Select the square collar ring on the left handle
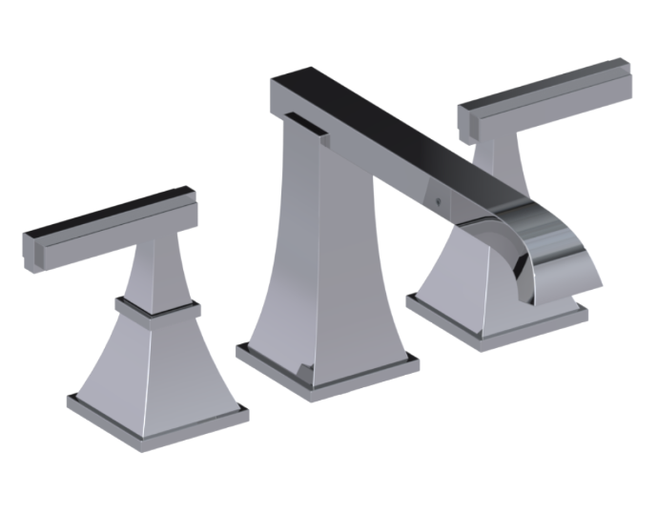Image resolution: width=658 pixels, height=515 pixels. tap(157, 306)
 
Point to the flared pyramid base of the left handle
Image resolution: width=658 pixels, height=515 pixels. tap(157, 358)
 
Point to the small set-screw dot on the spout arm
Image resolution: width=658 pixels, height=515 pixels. tap(437, 202)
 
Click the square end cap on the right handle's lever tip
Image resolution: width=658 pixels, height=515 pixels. tap(469, 119)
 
